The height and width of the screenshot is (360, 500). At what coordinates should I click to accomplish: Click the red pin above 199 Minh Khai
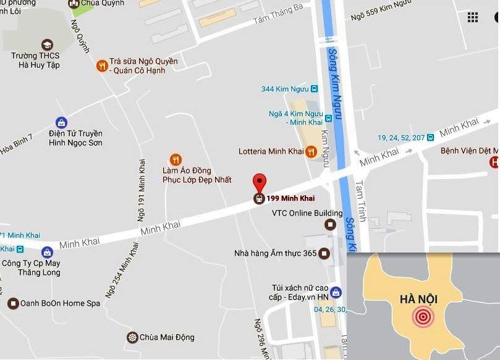coord(260,183)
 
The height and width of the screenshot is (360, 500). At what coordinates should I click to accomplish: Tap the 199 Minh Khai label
coord(290,198)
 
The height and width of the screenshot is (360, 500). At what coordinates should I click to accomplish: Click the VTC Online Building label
coord(299,214)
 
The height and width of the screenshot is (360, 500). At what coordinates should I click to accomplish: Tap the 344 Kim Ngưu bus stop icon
coord(314,89)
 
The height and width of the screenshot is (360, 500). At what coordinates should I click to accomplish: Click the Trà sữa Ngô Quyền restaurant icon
coord(102,66)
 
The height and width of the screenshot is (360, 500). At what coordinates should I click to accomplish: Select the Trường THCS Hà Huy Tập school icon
coord(46,45)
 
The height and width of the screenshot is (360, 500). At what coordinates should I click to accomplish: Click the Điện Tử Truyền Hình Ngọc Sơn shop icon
coord(61,122)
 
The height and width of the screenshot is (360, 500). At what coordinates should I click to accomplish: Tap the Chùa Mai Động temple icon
coord(132,337)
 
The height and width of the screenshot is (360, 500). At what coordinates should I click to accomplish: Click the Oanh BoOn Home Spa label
coord(60,303)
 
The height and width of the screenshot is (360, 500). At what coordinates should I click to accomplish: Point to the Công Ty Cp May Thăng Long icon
coord(47,252)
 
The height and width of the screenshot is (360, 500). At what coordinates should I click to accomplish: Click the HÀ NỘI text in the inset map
coord(418,299)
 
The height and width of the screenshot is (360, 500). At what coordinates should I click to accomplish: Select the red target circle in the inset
coord(423,317)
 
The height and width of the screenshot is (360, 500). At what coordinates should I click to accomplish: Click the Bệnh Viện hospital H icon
coord(494,162)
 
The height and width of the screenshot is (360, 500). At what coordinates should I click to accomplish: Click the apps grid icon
coord(473,17)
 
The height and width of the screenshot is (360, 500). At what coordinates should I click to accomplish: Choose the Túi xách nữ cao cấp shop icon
coord(335,292)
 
